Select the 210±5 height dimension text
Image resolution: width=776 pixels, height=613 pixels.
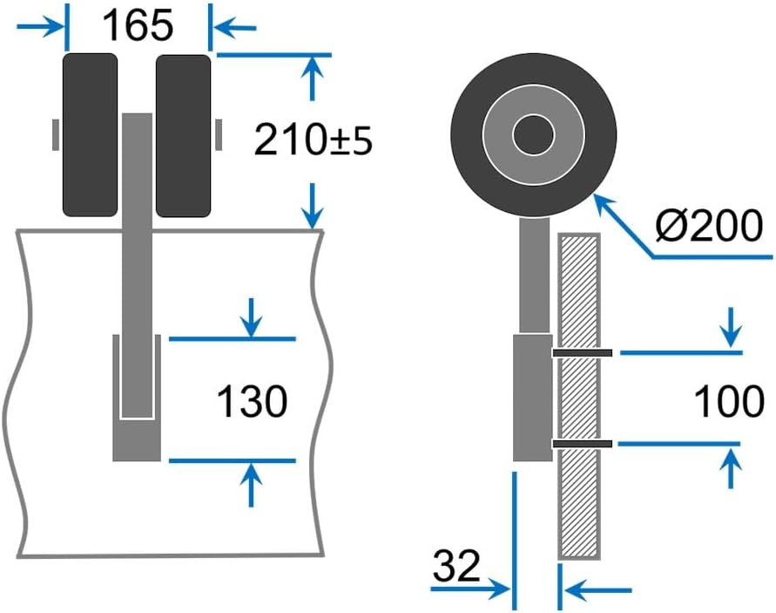click(x=313, y=140)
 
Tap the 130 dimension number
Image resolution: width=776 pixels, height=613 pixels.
click(x=252, y=402)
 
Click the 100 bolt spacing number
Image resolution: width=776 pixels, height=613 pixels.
click(x=729, y=402)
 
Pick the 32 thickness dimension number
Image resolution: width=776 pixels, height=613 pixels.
click(x=456, y=567)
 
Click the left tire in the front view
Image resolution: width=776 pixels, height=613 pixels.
click(x=90, y=134)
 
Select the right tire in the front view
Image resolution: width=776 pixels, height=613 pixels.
click(x=184, y=135)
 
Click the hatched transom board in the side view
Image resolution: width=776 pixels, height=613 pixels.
click(x=578, y=488)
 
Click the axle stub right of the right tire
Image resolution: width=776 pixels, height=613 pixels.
click(x=218, y=134)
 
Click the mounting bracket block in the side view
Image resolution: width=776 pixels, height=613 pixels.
click(x=531, y=397)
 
